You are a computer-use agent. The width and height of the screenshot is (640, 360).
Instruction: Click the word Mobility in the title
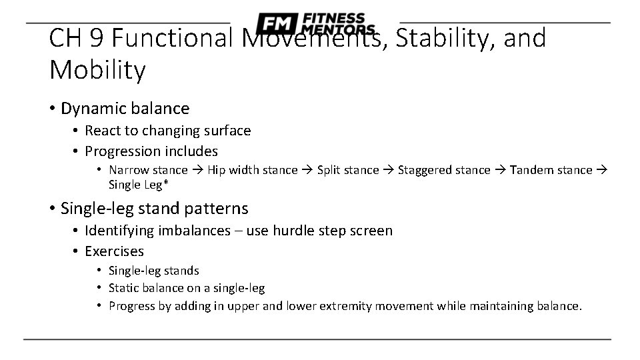(x=97, y=69)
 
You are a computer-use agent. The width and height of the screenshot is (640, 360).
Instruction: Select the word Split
(x=330, y=170)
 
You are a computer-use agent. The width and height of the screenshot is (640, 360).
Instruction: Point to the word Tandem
(x=532, y=170)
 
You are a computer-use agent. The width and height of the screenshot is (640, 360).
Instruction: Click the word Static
(x=123, y=288)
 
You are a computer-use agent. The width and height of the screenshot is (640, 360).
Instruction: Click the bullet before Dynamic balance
(x=52, y=108)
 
